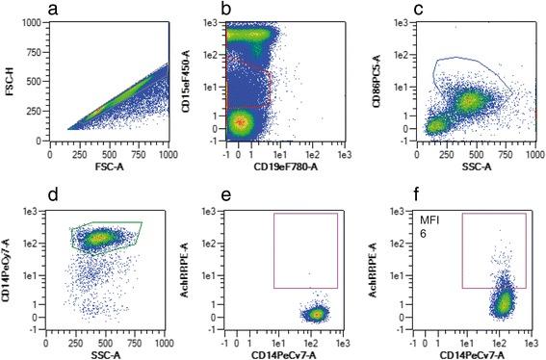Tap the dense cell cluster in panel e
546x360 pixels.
316,313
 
